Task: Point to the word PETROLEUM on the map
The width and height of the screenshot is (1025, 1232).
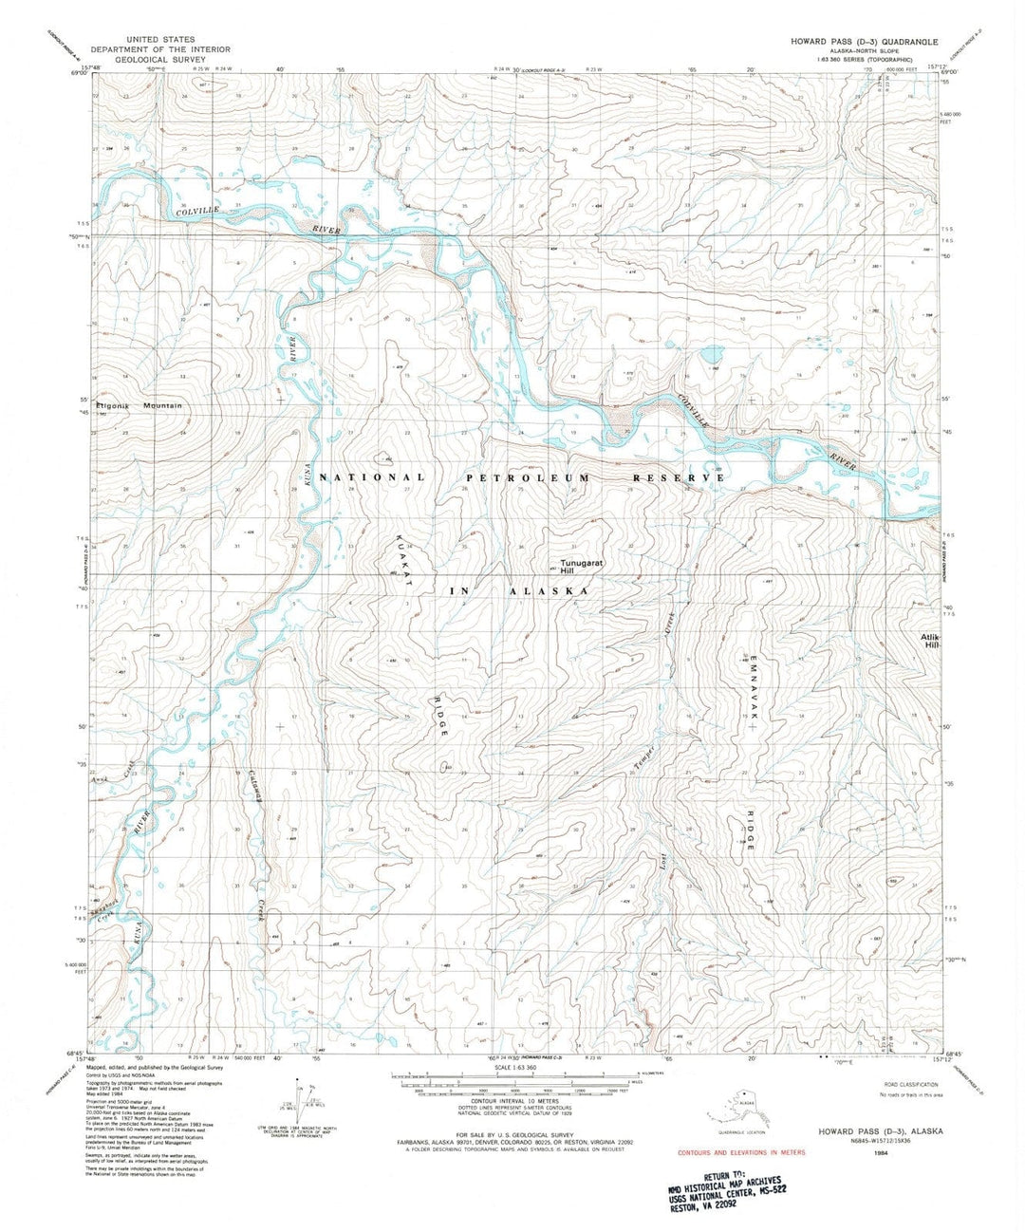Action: tap(526, 477)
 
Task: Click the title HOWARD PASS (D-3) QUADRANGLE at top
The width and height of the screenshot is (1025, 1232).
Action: tap(864, 43)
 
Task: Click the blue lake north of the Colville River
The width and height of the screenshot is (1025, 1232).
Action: tap(711, 355)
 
